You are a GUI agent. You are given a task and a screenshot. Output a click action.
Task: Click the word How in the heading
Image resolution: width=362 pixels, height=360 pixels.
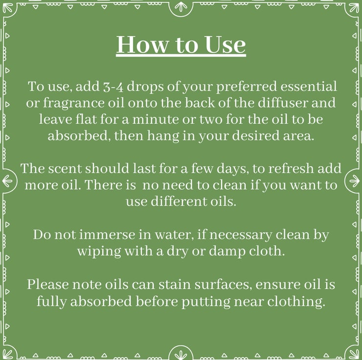click(142, 45)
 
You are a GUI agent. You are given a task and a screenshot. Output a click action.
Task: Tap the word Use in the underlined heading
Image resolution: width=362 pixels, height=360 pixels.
click(225, 45)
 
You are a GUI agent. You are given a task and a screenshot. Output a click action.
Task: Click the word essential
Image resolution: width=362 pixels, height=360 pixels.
click(309, 86)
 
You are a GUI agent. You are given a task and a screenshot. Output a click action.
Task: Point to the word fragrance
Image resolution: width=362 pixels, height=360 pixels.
click(74, 103)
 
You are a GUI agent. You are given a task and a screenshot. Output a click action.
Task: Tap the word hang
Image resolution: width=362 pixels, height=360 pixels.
click(163, 136)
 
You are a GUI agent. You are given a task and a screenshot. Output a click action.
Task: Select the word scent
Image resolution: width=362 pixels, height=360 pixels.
click(65, 169)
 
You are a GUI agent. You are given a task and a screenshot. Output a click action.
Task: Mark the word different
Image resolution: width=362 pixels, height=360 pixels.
click(179, 201)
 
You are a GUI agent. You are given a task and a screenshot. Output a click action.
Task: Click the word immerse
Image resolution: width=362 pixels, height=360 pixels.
click(107, 235)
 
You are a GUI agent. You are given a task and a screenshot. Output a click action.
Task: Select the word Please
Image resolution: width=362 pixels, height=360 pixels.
click(48, 284)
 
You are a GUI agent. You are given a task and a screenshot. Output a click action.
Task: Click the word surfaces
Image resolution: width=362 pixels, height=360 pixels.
click(223, 285)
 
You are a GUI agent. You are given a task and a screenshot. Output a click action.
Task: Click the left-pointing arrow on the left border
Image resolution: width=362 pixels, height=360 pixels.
click(7, 180)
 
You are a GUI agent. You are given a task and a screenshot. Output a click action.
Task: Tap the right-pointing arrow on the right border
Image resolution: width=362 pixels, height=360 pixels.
click(354, 180)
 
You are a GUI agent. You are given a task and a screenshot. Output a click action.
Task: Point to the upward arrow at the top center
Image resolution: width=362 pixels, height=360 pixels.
click(181, 7)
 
